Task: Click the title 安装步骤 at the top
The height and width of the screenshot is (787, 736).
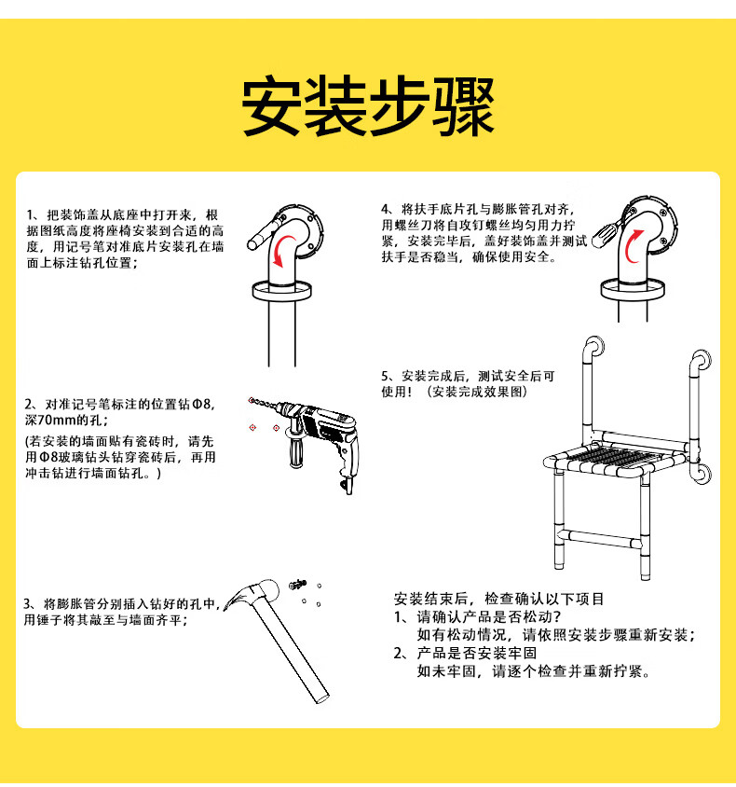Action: (369, 106)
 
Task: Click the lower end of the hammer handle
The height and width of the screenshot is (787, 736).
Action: (321, 698)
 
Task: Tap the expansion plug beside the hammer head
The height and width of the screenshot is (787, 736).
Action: (297, 584)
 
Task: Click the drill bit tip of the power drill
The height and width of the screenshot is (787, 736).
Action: (251, 399)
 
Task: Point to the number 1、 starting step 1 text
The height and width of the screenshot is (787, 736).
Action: (34, 215)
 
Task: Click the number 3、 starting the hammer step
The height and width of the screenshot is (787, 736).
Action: (30, 604)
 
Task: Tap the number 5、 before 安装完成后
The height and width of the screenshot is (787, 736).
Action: (388, 376)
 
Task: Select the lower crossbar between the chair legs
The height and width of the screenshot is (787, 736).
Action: (600, 538)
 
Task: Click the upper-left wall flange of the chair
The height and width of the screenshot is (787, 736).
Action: (596, 346)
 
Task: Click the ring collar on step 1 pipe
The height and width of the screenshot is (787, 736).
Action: (281, 291)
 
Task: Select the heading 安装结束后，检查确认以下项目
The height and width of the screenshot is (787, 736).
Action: (498, 599)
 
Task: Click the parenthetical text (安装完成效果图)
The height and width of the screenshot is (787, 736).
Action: (478, 392)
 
